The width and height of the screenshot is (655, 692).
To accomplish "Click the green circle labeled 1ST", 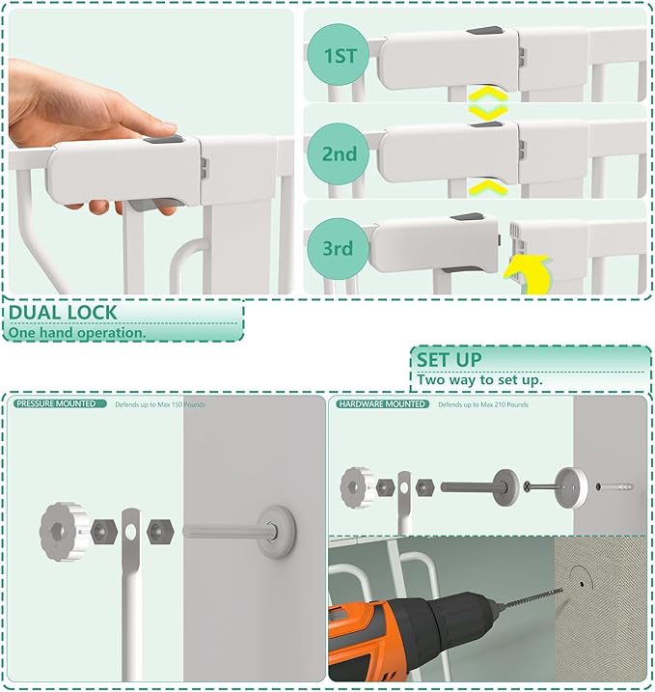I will click(340, 56).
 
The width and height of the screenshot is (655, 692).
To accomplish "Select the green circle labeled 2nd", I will click(340, 153).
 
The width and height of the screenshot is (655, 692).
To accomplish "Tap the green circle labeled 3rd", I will click(339, 249).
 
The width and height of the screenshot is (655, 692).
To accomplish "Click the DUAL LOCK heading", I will click(63, 313).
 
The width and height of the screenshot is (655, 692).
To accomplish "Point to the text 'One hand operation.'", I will click(77, 333).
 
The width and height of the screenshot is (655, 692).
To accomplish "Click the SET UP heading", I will click(450, 360).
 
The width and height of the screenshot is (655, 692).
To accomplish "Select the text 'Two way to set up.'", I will click(479, 380).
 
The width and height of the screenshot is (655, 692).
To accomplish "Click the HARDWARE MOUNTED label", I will click(382, 403).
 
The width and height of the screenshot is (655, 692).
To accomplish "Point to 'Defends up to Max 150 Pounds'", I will click(160, 404).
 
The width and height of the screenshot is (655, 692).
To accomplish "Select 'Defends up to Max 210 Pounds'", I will click(483, 404).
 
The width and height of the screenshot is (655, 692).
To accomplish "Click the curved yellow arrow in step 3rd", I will click(528, 275).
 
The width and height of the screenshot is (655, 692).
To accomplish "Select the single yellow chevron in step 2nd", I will click(488, 185).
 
